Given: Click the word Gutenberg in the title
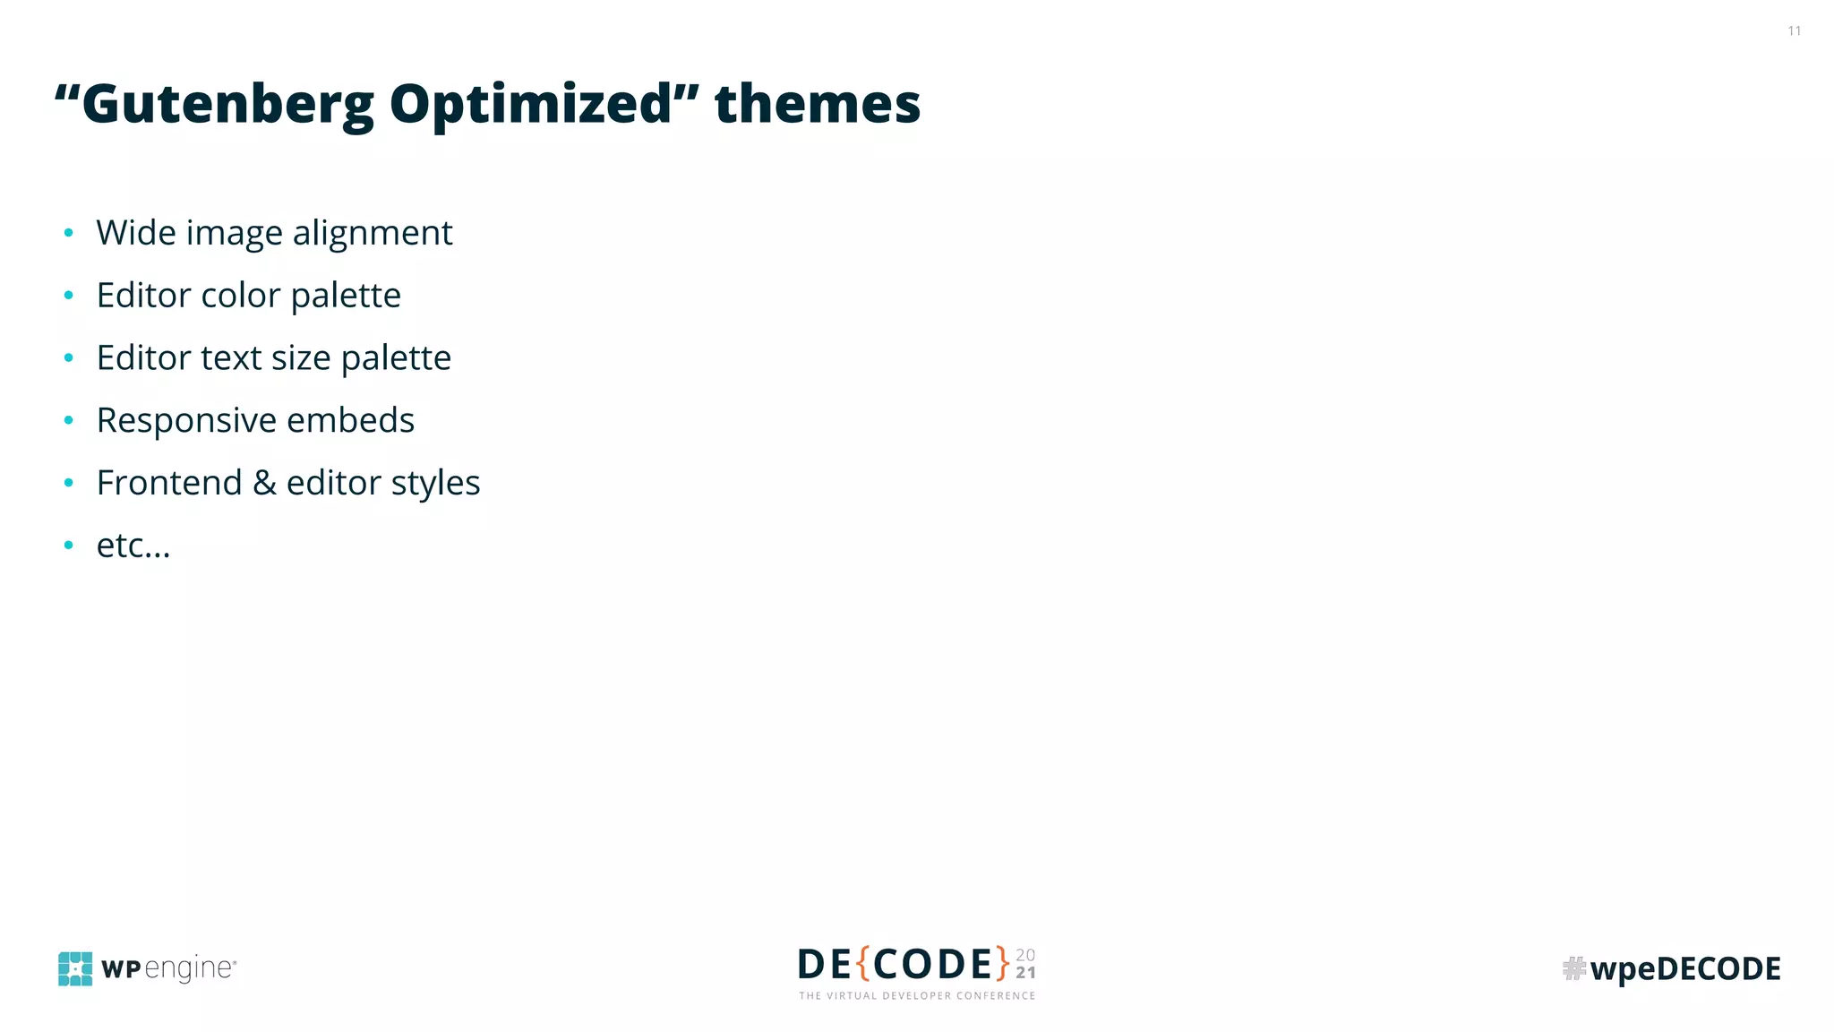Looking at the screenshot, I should click(x=227, y=106).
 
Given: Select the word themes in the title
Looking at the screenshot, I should click(x=817, y=104).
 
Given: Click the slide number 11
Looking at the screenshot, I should click(x=1794, y=31).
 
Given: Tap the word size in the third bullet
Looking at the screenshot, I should click(x=301, y=358).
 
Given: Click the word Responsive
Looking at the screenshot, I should click(x=186, y=421).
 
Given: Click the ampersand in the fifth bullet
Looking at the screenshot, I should click(x=264, y=483).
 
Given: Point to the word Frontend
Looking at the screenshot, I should click(x=169, y=483).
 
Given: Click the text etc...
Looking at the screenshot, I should click(x=133, y=546).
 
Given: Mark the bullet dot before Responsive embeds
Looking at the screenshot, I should click(x=69, y=420).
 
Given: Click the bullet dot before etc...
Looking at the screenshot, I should click(x=69, y=545).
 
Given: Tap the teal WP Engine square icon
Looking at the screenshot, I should click(x=75, y=968).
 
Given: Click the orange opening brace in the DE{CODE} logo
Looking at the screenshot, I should click(x=863, y=964).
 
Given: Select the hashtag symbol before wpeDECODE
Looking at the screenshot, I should click(x=1573, y=968).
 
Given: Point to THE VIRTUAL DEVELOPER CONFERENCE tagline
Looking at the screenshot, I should click(x=917, y=995).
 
